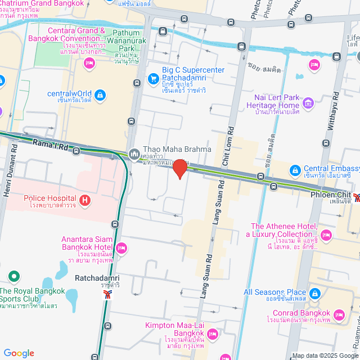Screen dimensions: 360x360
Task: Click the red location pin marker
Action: click(x=179, y=168)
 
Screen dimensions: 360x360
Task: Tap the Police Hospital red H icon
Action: click(x=84, y=199)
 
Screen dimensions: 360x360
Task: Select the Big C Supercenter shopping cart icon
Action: click(x=153, y=79)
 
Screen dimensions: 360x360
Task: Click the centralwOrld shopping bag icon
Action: click(x=100, y=95)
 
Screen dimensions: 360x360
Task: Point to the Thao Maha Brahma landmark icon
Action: click(x=134, y=153)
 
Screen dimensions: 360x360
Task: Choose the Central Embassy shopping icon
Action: click(x=295, y=170)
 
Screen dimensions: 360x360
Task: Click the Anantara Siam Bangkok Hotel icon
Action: click(x=121, y=247)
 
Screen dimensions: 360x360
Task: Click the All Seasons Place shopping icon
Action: click(x=314, y=293)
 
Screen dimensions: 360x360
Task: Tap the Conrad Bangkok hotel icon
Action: click(x=339, y=314)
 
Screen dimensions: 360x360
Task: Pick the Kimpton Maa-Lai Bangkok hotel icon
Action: click(x=212, y=335)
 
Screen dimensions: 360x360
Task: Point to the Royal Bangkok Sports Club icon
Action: click(x=14, y=277)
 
